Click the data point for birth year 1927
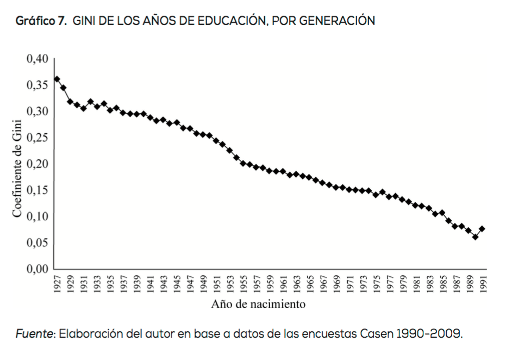[x=57, y=79]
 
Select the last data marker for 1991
[x=482, y=229]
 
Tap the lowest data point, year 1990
[x=475, y=237]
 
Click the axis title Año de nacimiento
[x=258, y=304]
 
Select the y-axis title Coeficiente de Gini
[x=17, y=164]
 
